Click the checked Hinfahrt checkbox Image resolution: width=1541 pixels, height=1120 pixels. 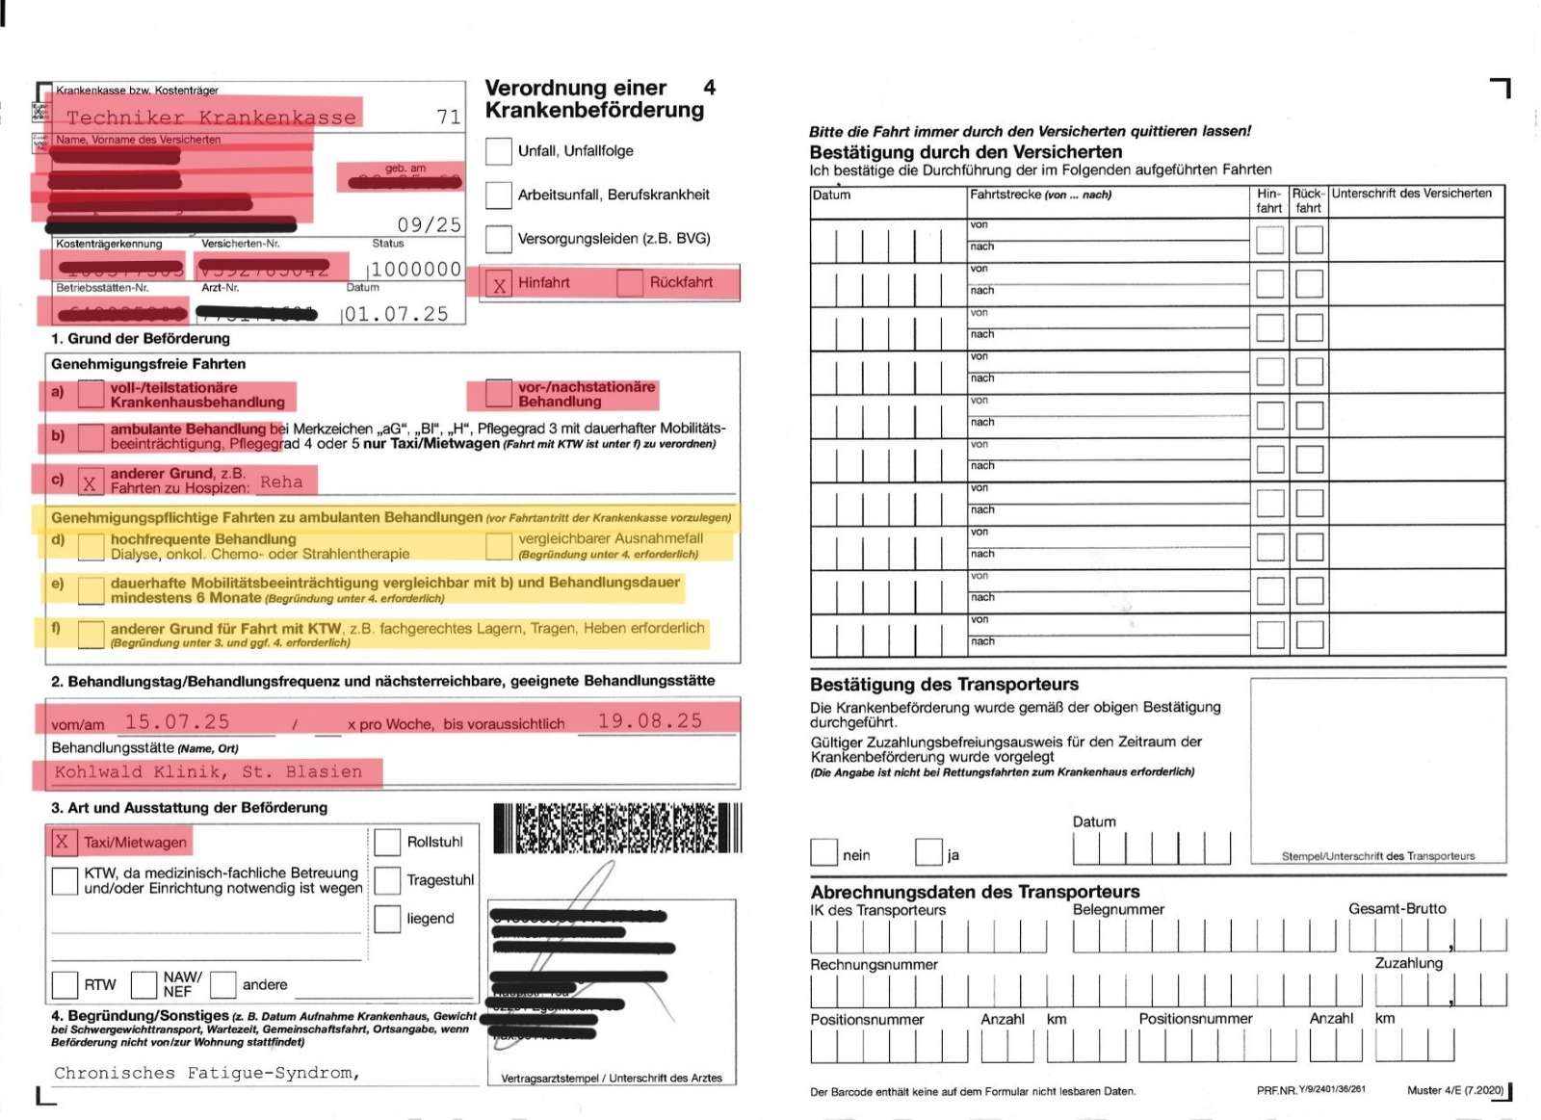(x=499, y=284)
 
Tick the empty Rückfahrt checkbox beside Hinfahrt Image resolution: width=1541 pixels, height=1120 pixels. (x=630, y=283)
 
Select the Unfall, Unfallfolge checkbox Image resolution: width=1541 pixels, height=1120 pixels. (x=499, y=151)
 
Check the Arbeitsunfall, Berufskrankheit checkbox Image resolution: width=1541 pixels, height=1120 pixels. (x=499, y=195)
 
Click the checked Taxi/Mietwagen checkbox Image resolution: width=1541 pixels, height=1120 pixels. (x=63, y=842)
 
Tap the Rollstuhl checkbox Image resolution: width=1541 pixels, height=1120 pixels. (x=387, y=843)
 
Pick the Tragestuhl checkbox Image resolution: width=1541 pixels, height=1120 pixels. (x=387, y=880)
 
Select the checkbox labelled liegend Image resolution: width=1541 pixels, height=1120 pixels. (x=387, y=919)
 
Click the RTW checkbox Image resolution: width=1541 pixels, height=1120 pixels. (x=65, y=984)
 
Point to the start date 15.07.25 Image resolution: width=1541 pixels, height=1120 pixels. (x=177, y=721)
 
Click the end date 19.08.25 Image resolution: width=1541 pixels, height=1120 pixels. (x=650, y=720)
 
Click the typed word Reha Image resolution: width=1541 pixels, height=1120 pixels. (x=281, y=482)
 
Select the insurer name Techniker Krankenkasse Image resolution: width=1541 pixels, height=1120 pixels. (x=211, y=117)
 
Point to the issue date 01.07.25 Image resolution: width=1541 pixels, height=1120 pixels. (x=397, y=314)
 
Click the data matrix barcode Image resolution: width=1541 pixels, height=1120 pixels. (x=617, y=828)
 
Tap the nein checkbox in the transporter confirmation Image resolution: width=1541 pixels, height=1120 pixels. (x=824, y=852)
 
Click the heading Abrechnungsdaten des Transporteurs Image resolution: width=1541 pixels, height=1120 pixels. (x=975, y=892)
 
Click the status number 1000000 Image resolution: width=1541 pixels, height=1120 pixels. (x=416, y=270)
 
